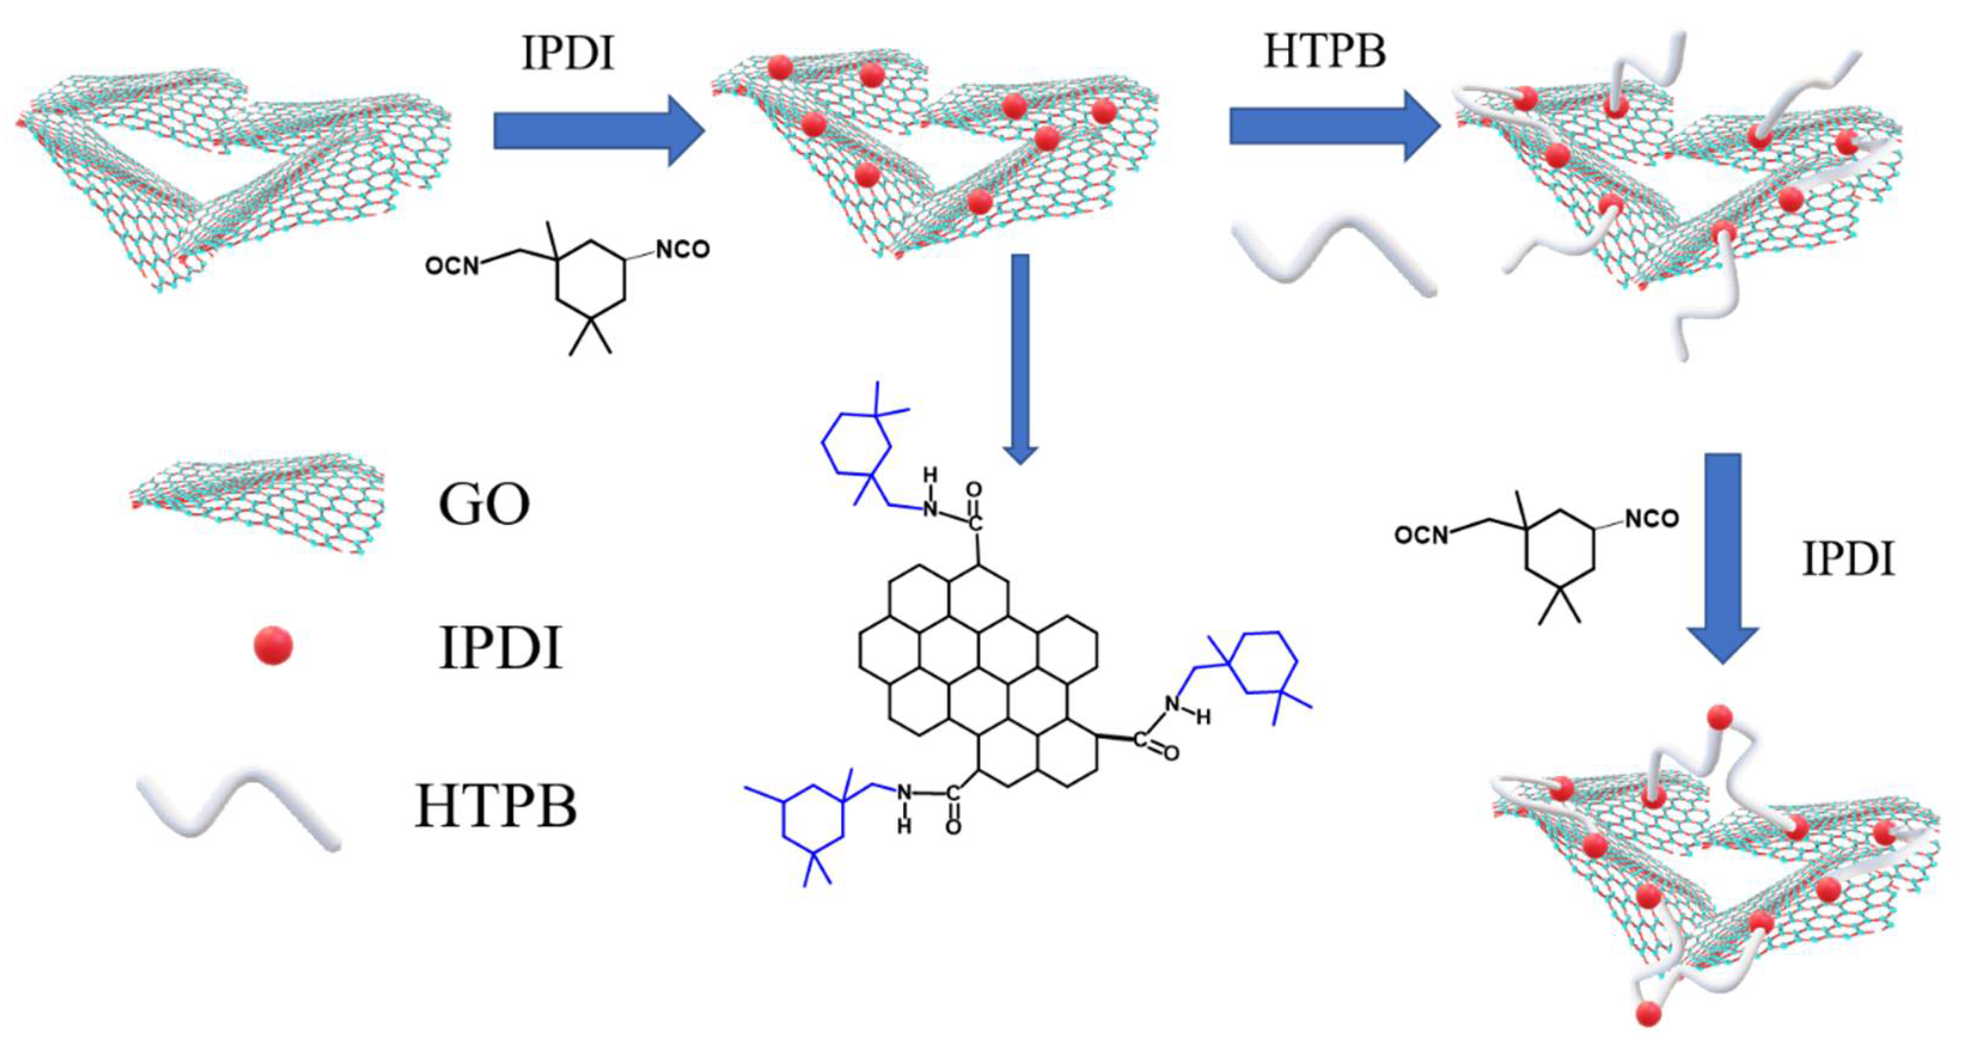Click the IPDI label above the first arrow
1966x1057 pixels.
point(567,53)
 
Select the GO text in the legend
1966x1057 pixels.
point(484,505)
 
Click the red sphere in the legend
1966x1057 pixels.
point(273,646)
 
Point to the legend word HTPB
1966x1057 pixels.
point(496,806)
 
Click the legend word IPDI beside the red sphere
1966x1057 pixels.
point(500,649)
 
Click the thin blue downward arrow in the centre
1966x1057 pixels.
point(1020,359)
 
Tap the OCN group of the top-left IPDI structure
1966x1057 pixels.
point(452,265)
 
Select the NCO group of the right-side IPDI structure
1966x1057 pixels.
point(1652,519)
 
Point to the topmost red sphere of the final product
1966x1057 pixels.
point(1720,717)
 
